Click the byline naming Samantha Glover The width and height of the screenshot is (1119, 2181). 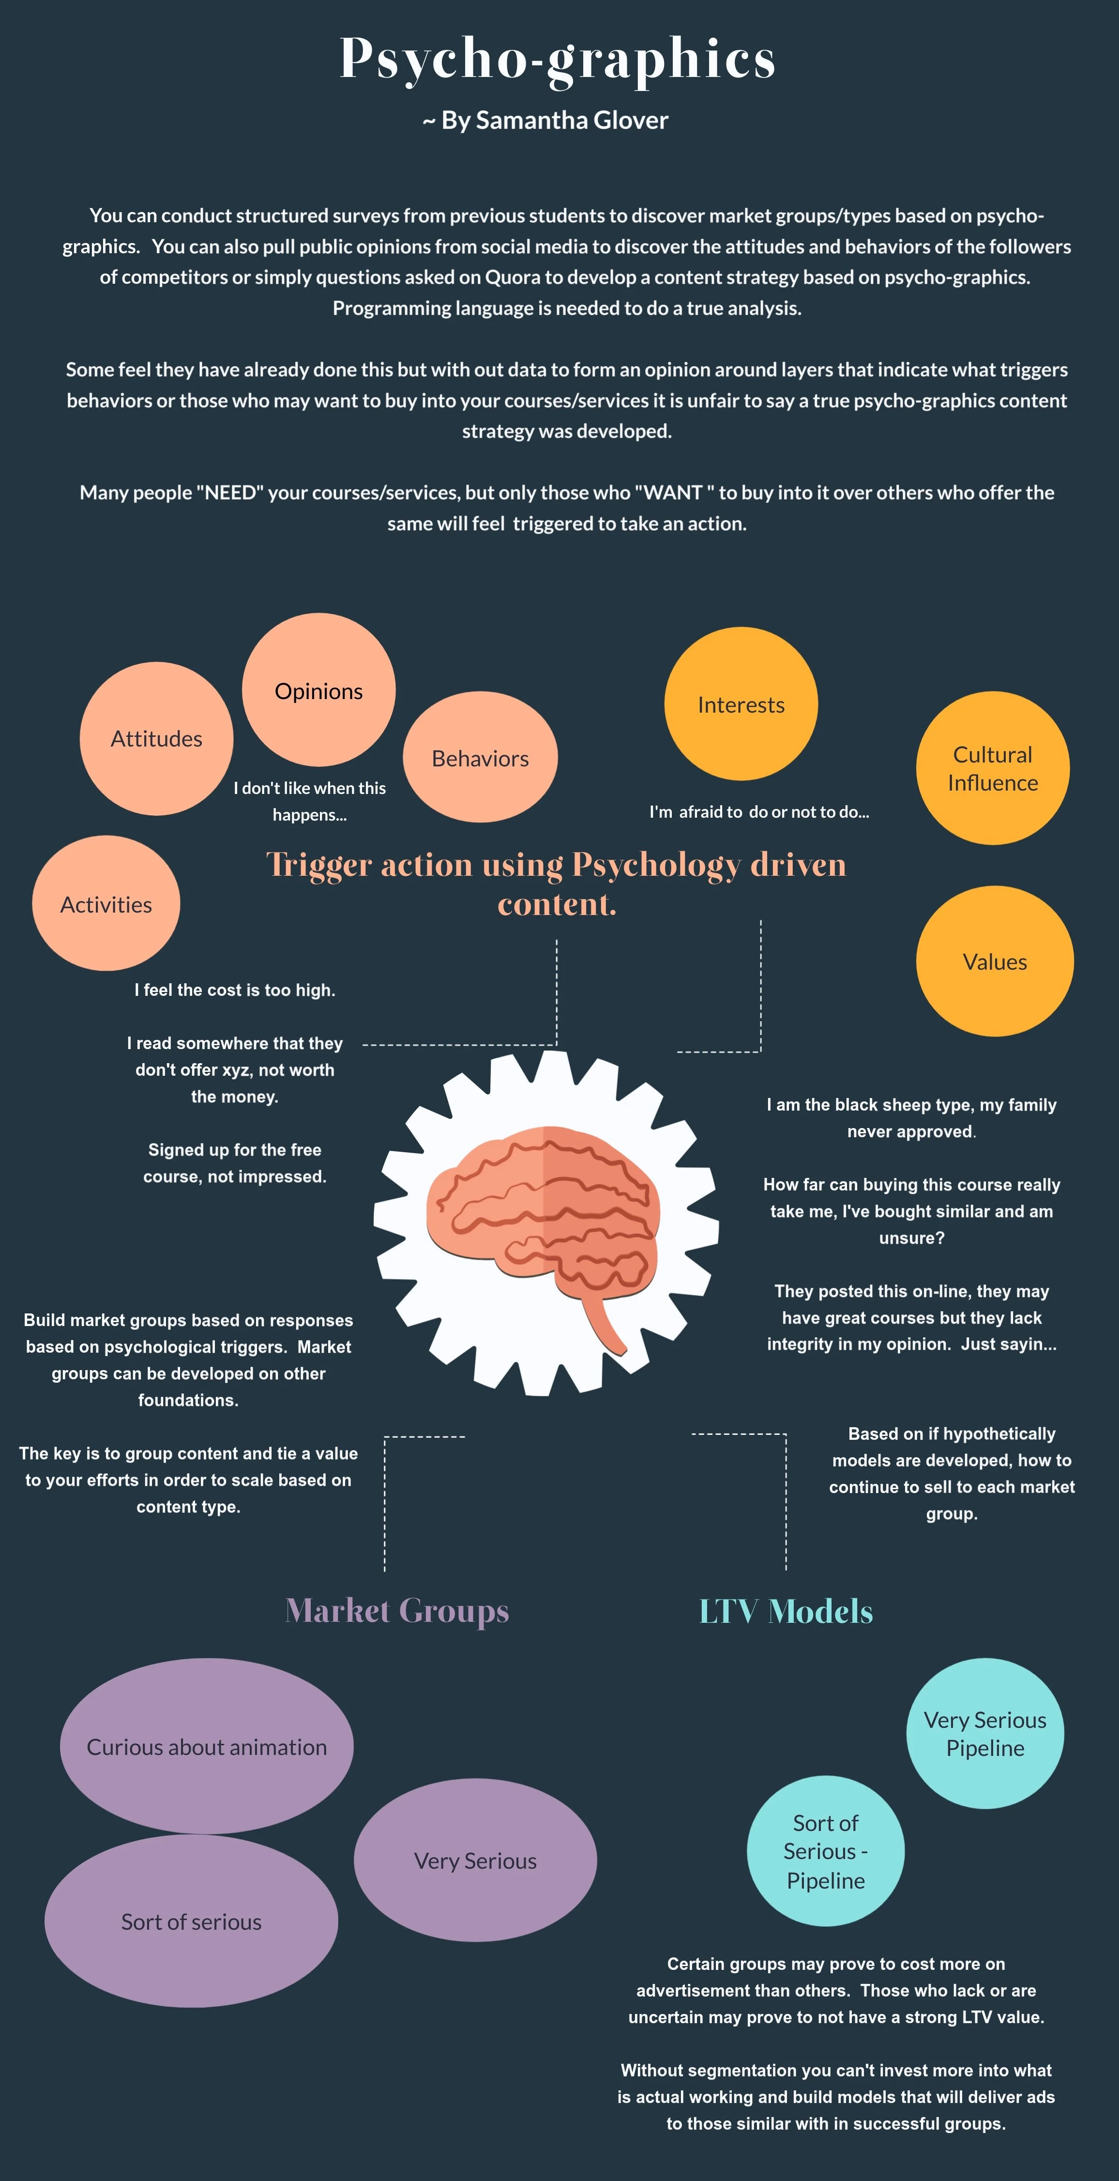pyautogui.click(x=546, y=120)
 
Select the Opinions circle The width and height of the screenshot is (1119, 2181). pyautogui.click(x=318, y=690)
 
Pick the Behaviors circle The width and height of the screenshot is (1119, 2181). pyautogui.click(x=480, y=758)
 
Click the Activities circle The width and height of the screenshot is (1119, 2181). pyautogui.click(x=106, y=904)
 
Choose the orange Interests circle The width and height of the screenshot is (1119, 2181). pyautogui.click(x=741, y=704)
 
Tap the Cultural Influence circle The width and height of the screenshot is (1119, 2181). pyautogui.click(x=992, y=768)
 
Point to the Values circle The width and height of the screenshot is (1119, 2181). pyautogui.click(x=995, y=962)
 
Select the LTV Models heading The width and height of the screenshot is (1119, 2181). pyautogui.click(x=786, y=1611)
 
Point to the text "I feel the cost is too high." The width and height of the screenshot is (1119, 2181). pyautogui.click(x=234, y=990)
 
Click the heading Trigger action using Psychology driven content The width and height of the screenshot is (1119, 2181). pyautogui.click(x=556, y=883)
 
